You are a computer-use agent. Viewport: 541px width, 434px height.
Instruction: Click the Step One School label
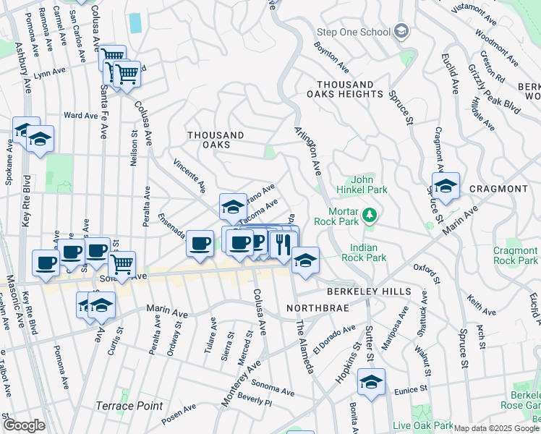354,32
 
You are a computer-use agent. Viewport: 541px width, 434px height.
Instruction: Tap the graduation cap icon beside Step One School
401,32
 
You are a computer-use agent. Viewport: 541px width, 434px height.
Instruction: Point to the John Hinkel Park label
369,184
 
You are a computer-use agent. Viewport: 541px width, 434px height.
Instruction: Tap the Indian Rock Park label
364,252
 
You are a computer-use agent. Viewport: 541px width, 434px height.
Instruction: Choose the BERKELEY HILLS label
369,292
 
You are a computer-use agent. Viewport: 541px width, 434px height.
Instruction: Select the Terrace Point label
129,406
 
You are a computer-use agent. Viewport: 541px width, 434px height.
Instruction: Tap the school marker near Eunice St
371,381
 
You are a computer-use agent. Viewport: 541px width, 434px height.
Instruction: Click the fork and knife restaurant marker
284,242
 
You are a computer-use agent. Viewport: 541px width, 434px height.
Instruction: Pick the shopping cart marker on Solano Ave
122,264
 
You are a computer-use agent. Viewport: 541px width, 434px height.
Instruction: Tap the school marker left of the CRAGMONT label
446,185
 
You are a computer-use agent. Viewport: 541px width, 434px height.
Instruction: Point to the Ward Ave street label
80,115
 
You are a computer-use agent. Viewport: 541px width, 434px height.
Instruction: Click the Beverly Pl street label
254,399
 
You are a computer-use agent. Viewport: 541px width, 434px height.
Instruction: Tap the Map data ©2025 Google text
496,428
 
